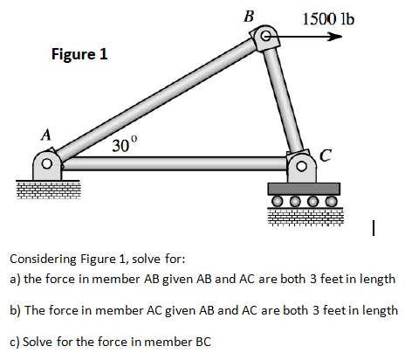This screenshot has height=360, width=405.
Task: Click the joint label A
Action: click(x=45, y=135)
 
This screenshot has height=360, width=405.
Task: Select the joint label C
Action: click(x=326, y=156)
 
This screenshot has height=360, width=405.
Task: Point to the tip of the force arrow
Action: click(x=340, y=37)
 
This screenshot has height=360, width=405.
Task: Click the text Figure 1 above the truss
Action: click(x=79, y=54)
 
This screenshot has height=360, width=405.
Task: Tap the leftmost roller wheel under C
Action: click(x=277, y=201)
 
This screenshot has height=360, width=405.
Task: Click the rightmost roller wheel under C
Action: click(x=330, y=201)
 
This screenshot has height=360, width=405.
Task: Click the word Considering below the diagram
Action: click(x=44, y=259)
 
